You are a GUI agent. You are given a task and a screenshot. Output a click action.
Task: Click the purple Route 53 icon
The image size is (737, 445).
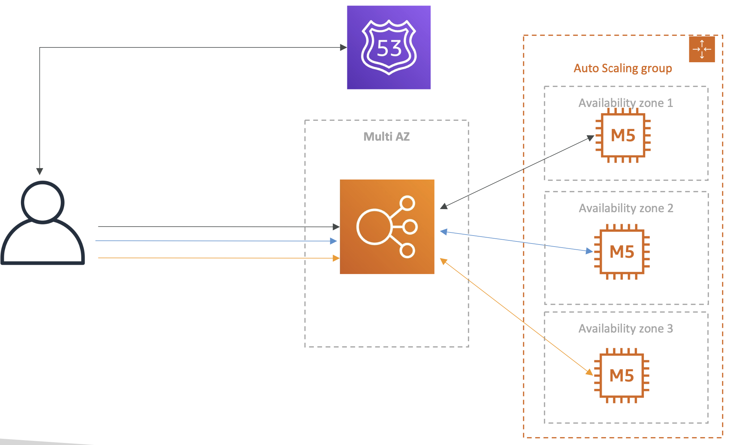(388, 47)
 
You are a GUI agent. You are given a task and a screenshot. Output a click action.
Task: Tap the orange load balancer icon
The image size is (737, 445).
(387, 227)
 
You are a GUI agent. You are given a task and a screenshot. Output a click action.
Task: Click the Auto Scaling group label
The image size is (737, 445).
(623, 68)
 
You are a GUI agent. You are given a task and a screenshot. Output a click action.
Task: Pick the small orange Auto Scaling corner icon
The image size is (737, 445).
(702, 49)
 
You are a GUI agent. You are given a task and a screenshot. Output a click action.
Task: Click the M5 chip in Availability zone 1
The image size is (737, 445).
(623, 135)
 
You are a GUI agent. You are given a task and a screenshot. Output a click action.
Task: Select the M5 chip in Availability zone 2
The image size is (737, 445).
(621, 252)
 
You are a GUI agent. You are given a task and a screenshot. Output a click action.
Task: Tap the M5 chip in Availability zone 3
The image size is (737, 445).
(621, 375)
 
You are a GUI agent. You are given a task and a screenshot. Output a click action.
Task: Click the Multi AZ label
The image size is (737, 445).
(386, 137)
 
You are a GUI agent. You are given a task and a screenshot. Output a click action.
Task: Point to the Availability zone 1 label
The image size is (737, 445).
(625, 103)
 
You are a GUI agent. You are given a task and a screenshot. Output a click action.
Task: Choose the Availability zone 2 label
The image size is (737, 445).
(626, 208)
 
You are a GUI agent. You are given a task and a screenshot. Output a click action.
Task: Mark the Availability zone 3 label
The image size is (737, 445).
(625, 328)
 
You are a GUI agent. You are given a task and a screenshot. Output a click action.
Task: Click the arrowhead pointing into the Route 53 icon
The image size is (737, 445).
(343, 47)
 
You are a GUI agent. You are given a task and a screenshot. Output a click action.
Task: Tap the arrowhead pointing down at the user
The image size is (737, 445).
(40, 171)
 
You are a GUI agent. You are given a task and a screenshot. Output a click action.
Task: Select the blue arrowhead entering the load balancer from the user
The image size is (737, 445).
(333, 241)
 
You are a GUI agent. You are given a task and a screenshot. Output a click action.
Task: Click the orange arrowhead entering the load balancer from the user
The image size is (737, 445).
(336, 258)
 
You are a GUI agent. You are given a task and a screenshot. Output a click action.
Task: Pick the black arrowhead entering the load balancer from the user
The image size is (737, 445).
(336, 227)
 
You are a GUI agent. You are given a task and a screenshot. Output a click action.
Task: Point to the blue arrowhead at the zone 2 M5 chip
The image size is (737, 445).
(589, 251)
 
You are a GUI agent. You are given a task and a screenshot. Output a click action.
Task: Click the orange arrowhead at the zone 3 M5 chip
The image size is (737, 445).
(589, 372)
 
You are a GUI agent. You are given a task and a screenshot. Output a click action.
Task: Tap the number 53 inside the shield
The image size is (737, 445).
(389, 48)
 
